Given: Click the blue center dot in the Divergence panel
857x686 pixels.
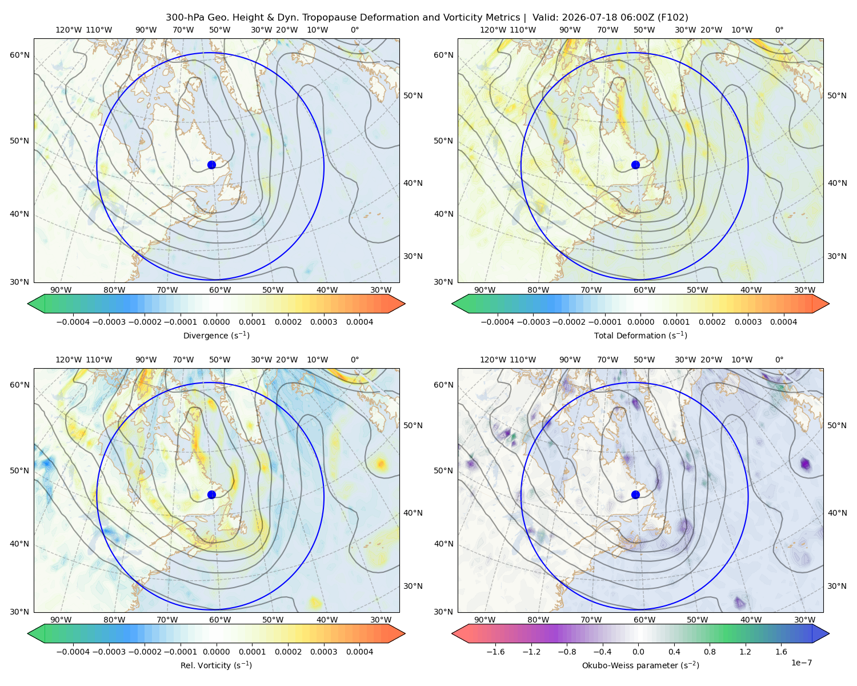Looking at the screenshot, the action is [x=211, y=165].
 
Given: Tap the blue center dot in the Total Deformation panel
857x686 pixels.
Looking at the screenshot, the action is [x=635, y=165].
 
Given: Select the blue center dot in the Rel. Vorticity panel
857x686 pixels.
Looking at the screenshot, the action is [x=211, y=494].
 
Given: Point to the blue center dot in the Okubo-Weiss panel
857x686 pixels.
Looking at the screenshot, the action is [x=635, y=494].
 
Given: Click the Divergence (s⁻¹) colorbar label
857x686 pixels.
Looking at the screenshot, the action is [x=216, y=336].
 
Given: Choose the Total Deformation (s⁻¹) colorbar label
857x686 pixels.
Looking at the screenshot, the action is [x=640, y=336].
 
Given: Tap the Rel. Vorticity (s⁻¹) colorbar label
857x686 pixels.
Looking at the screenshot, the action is [x=216, y=665].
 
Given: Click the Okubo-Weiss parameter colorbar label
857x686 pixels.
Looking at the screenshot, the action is [x=640, y=665].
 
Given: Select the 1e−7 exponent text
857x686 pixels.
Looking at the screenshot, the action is [x=801, y=663].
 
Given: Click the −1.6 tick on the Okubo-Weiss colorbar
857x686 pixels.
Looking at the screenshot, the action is [x=495, y=652].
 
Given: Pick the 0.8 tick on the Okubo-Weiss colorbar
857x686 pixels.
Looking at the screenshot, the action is [x=710, y=652].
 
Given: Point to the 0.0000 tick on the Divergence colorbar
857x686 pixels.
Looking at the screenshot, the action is [x=216, y=322].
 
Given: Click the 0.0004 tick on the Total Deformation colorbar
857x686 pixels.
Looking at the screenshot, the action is [x=783, y=322].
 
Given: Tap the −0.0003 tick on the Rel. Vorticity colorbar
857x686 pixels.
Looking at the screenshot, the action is [x=109, y=652].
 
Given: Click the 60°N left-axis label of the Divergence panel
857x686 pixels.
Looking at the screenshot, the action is [x=19, y=55].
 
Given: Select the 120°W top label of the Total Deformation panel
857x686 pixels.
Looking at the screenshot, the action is [x=492, y=30].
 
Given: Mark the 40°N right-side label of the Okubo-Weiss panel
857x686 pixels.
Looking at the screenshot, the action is [x=837, y=513].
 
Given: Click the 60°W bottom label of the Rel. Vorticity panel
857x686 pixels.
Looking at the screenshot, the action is [x=220, y=620].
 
